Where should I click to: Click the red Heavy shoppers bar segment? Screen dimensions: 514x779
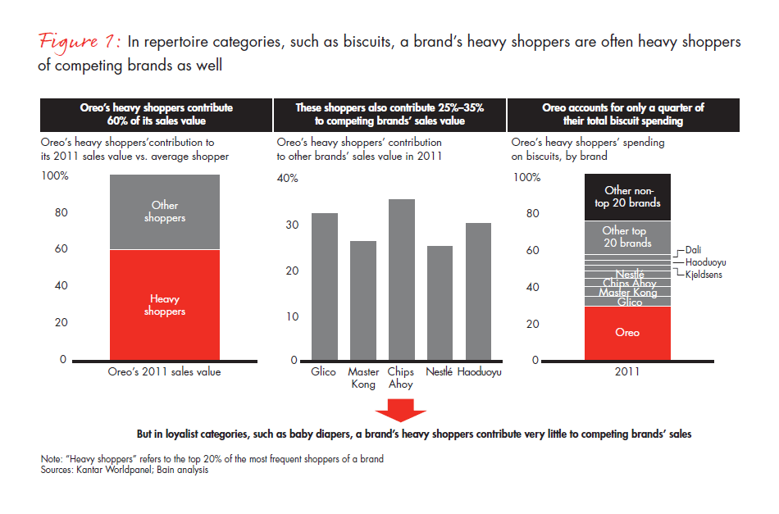point(164,305)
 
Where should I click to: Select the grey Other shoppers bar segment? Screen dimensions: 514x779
point(164,212)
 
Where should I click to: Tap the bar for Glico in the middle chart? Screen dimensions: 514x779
point(324,287)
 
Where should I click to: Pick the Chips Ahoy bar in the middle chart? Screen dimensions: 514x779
point(401,280)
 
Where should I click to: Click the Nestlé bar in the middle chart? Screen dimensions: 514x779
point(440,303)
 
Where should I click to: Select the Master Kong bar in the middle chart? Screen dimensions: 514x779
point(362,301)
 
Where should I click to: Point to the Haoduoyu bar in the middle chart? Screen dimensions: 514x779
point(478,292)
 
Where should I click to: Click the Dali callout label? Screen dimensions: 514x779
point(695,250)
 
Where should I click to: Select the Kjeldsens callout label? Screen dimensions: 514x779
point(704,275)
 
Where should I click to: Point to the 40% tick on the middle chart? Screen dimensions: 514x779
point(287,179)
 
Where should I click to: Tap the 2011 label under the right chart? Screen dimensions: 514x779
point(627,371)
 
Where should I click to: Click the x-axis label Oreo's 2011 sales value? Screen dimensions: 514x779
point(165,371)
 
